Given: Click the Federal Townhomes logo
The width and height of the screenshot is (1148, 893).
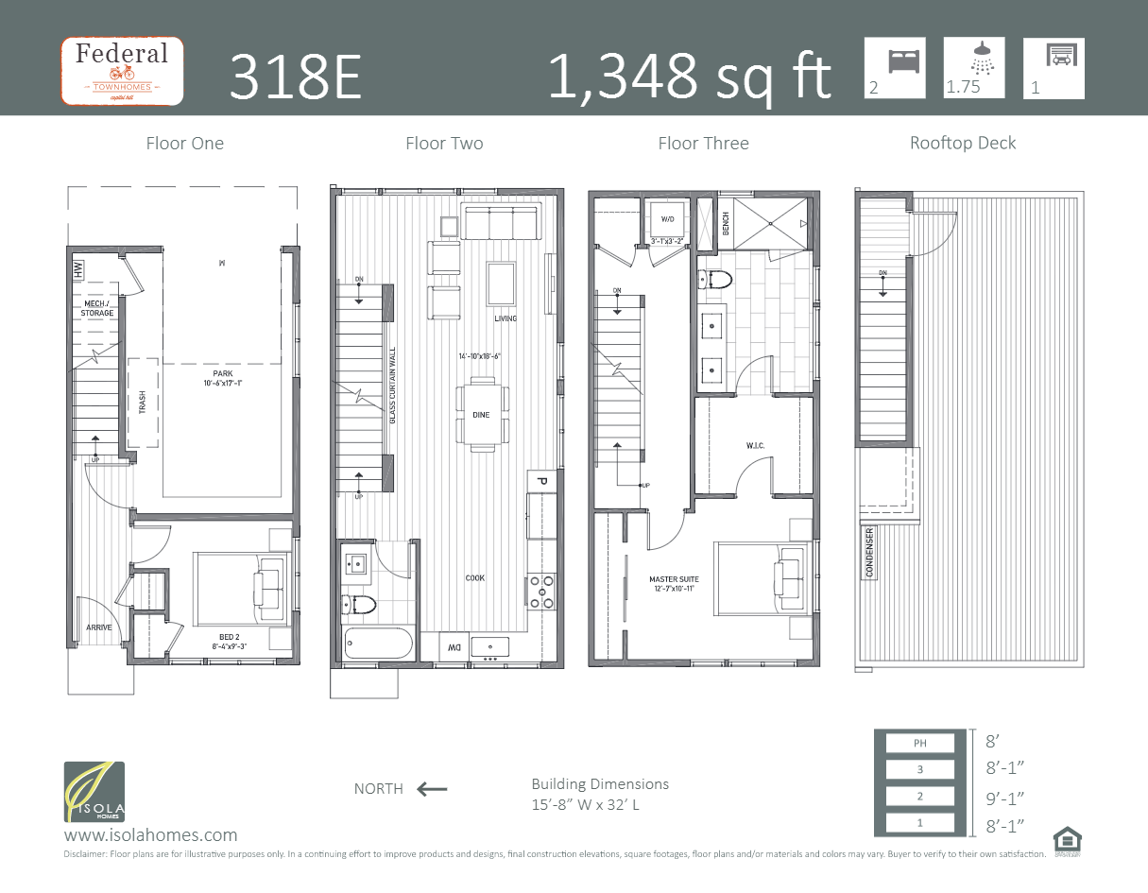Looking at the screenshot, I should tap(121, 71).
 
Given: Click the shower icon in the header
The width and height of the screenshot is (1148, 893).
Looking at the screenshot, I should tap(984, 58).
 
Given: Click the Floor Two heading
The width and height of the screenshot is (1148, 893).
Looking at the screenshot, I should tap(444, 144).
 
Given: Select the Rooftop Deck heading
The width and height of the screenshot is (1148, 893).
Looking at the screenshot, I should tap(963, 144).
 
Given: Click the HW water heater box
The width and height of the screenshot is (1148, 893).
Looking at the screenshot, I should tap(77, 269).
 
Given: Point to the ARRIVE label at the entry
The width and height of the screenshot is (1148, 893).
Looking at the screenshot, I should tap(99, 627).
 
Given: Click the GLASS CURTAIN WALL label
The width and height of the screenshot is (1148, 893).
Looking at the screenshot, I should tap(393, 386).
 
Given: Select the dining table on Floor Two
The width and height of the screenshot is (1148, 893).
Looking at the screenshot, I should tap(481, 414).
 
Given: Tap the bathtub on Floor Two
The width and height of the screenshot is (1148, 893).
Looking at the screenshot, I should tap(378, 644).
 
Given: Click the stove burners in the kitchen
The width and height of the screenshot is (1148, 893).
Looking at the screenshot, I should tap(541, 591).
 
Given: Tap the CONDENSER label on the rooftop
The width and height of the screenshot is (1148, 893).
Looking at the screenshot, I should tap(869, 553).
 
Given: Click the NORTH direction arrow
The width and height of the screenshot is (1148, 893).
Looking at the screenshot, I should tap(432, 789).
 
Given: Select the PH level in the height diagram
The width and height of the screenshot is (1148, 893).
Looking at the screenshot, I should tap(919, 743).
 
